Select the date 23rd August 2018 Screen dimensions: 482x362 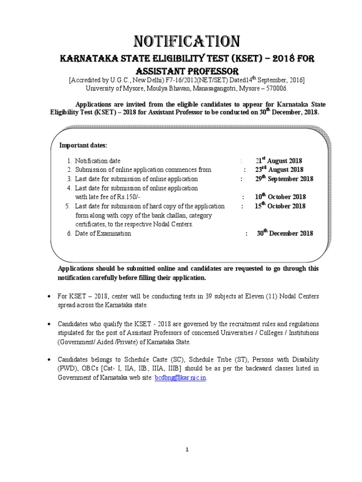pos(280,170)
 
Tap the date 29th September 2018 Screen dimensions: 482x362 pos(284,179)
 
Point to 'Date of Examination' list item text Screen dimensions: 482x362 pos(103,233)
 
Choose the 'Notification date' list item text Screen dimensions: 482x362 pos(98,161)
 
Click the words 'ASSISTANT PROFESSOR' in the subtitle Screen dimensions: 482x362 pos(187,71)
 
